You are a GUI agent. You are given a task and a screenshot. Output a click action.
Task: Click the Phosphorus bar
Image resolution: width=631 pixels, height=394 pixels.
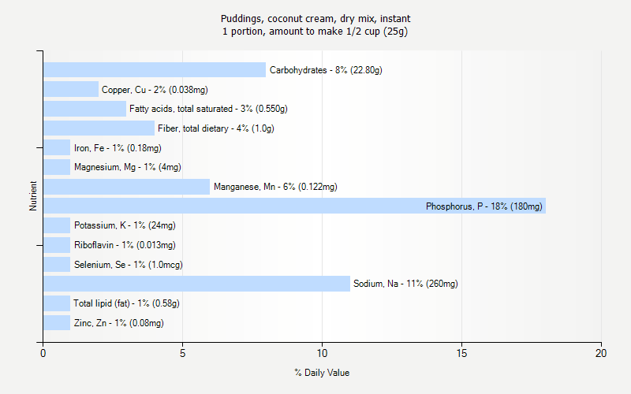294,206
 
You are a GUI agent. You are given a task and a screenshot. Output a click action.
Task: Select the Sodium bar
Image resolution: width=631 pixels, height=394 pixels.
196,284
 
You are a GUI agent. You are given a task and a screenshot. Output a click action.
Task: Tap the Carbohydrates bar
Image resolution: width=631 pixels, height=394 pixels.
155,70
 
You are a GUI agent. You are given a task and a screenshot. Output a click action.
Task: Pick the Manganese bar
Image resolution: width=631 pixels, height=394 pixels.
126,187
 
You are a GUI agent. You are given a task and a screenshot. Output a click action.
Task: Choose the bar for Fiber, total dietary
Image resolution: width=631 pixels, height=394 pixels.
99,128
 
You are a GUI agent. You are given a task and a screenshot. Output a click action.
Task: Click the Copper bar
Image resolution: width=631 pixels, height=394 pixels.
71,90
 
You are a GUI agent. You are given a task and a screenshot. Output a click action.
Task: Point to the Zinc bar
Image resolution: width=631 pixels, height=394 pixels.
57,323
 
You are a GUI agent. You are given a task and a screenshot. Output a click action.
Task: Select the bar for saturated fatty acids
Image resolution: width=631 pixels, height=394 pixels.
84,109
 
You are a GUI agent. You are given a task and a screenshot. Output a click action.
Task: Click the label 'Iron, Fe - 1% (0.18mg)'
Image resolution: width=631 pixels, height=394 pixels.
118,148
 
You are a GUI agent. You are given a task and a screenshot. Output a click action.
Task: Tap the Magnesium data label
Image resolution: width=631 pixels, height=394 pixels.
127,167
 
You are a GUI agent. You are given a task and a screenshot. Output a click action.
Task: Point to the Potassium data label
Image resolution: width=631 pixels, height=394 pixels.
118,225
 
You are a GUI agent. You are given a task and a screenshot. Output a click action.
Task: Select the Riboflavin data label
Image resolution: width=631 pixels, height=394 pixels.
125,245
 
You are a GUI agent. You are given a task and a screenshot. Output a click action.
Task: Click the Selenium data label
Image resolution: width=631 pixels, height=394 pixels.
128,265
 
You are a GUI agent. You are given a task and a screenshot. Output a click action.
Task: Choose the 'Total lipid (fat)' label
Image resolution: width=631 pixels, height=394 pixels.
126,303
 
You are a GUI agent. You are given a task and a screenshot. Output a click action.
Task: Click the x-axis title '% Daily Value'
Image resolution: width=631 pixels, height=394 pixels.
322,373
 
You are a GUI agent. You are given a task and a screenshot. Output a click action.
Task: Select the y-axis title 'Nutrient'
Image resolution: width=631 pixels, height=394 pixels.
33,196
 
